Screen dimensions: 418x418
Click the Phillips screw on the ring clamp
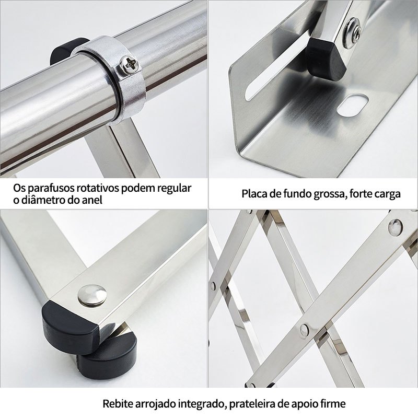[x=130, y=64]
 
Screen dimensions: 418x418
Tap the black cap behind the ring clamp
[x=67, y=50]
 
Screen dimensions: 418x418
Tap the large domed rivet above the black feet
[x=92, y=295]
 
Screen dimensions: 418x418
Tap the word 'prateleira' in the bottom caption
[x=252, y=404]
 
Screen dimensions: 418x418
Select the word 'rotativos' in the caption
[x=98, y=188]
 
